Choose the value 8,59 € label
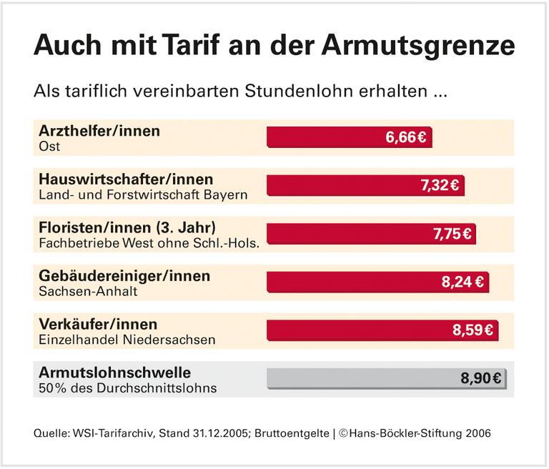pyautogui.click(x=473, y=330)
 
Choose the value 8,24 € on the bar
pyautogui.click(x=463, y=282)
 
